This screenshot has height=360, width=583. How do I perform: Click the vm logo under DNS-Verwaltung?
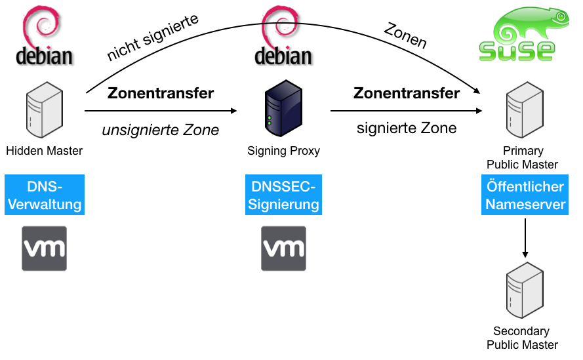[45, 249]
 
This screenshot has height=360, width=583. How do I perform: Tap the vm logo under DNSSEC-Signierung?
[284, 249]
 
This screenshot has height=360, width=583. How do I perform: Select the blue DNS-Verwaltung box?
[45, 195]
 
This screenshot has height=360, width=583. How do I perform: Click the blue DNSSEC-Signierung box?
[284, 195]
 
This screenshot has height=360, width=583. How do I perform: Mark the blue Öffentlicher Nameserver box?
[525, 195]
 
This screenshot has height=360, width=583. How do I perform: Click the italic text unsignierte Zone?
[161, 130]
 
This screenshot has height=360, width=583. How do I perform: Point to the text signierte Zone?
[407, 128]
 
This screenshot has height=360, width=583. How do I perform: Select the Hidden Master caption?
[45, 151]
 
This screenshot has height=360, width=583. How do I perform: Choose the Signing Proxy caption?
[284, 151]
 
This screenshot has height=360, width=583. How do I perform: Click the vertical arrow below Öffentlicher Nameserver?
[525, 237]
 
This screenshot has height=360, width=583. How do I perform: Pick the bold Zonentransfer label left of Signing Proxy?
[161, 93]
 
